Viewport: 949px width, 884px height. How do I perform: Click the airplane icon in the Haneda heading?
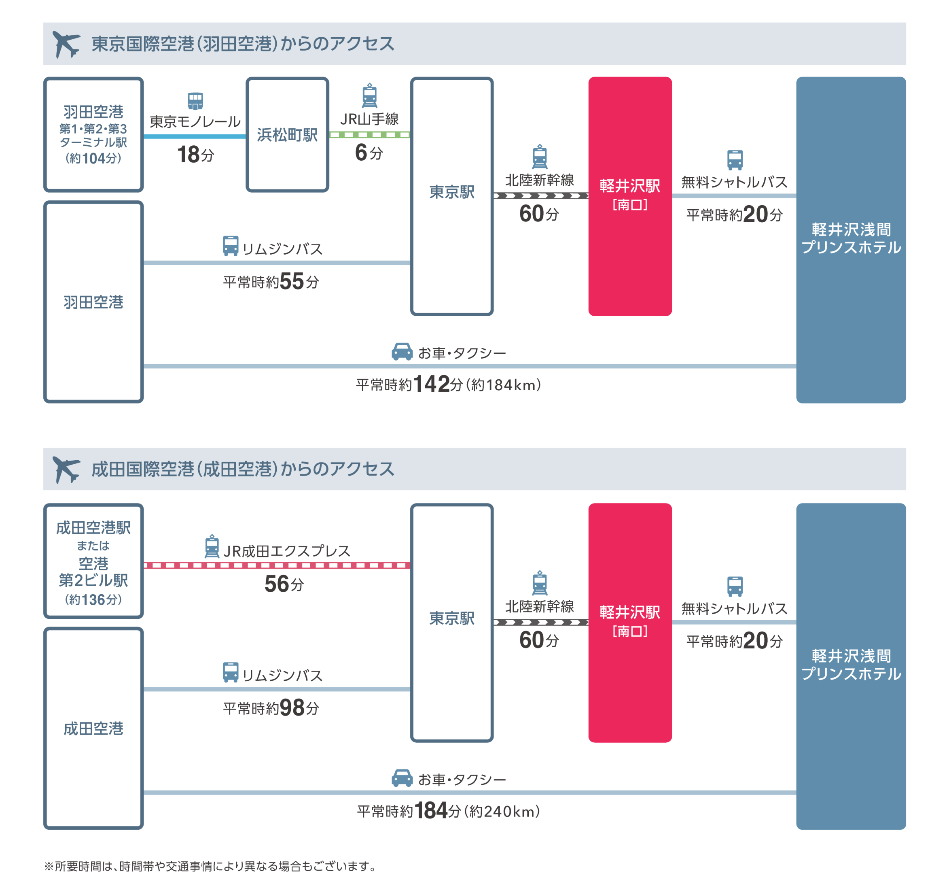[x=66, y=44]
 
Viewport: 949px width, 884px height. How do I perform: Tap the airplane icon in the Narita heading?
[x=66, y=469]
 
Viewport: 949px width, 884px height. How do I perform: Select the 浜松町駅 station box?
[x=287, y=135]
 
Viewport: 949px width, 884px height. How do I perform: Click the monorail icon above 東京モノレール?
[x=195, y=101]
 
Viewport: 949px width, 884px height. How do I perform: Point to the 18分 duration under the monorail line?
[x=195, y=155]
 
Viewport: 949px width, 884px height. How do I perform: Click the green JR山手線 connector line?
[x=369, y=135]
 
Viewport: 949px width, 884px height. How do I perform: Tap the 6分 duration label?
[x=369, y=153]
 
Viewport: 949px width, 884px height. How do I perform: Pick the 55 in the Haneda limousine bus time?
[x=292, y=281]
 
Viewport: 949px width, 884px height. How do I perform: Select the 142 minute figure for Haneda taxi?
[x=431, y=384]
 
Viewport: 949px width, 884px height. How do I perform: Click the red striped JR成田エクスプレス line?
[x=277, y=565]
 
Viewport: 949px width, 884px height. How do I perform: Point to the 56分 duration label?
[x=284, y=584]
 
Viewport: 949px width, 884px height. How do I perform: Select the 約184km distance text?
[x=506, y=385]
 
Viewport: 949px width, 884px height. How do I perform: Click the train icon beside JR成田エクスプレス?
[x=212, y=546]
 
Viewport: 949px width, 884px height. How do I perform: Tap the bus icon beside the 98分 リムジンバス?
[x=231, y=672]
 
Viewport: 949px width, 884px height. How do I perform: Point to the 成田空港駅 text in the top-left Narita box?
[x=93, y=528]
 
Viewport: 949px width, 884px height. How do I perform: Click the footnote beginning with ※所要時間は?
[x=210, y=866]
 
